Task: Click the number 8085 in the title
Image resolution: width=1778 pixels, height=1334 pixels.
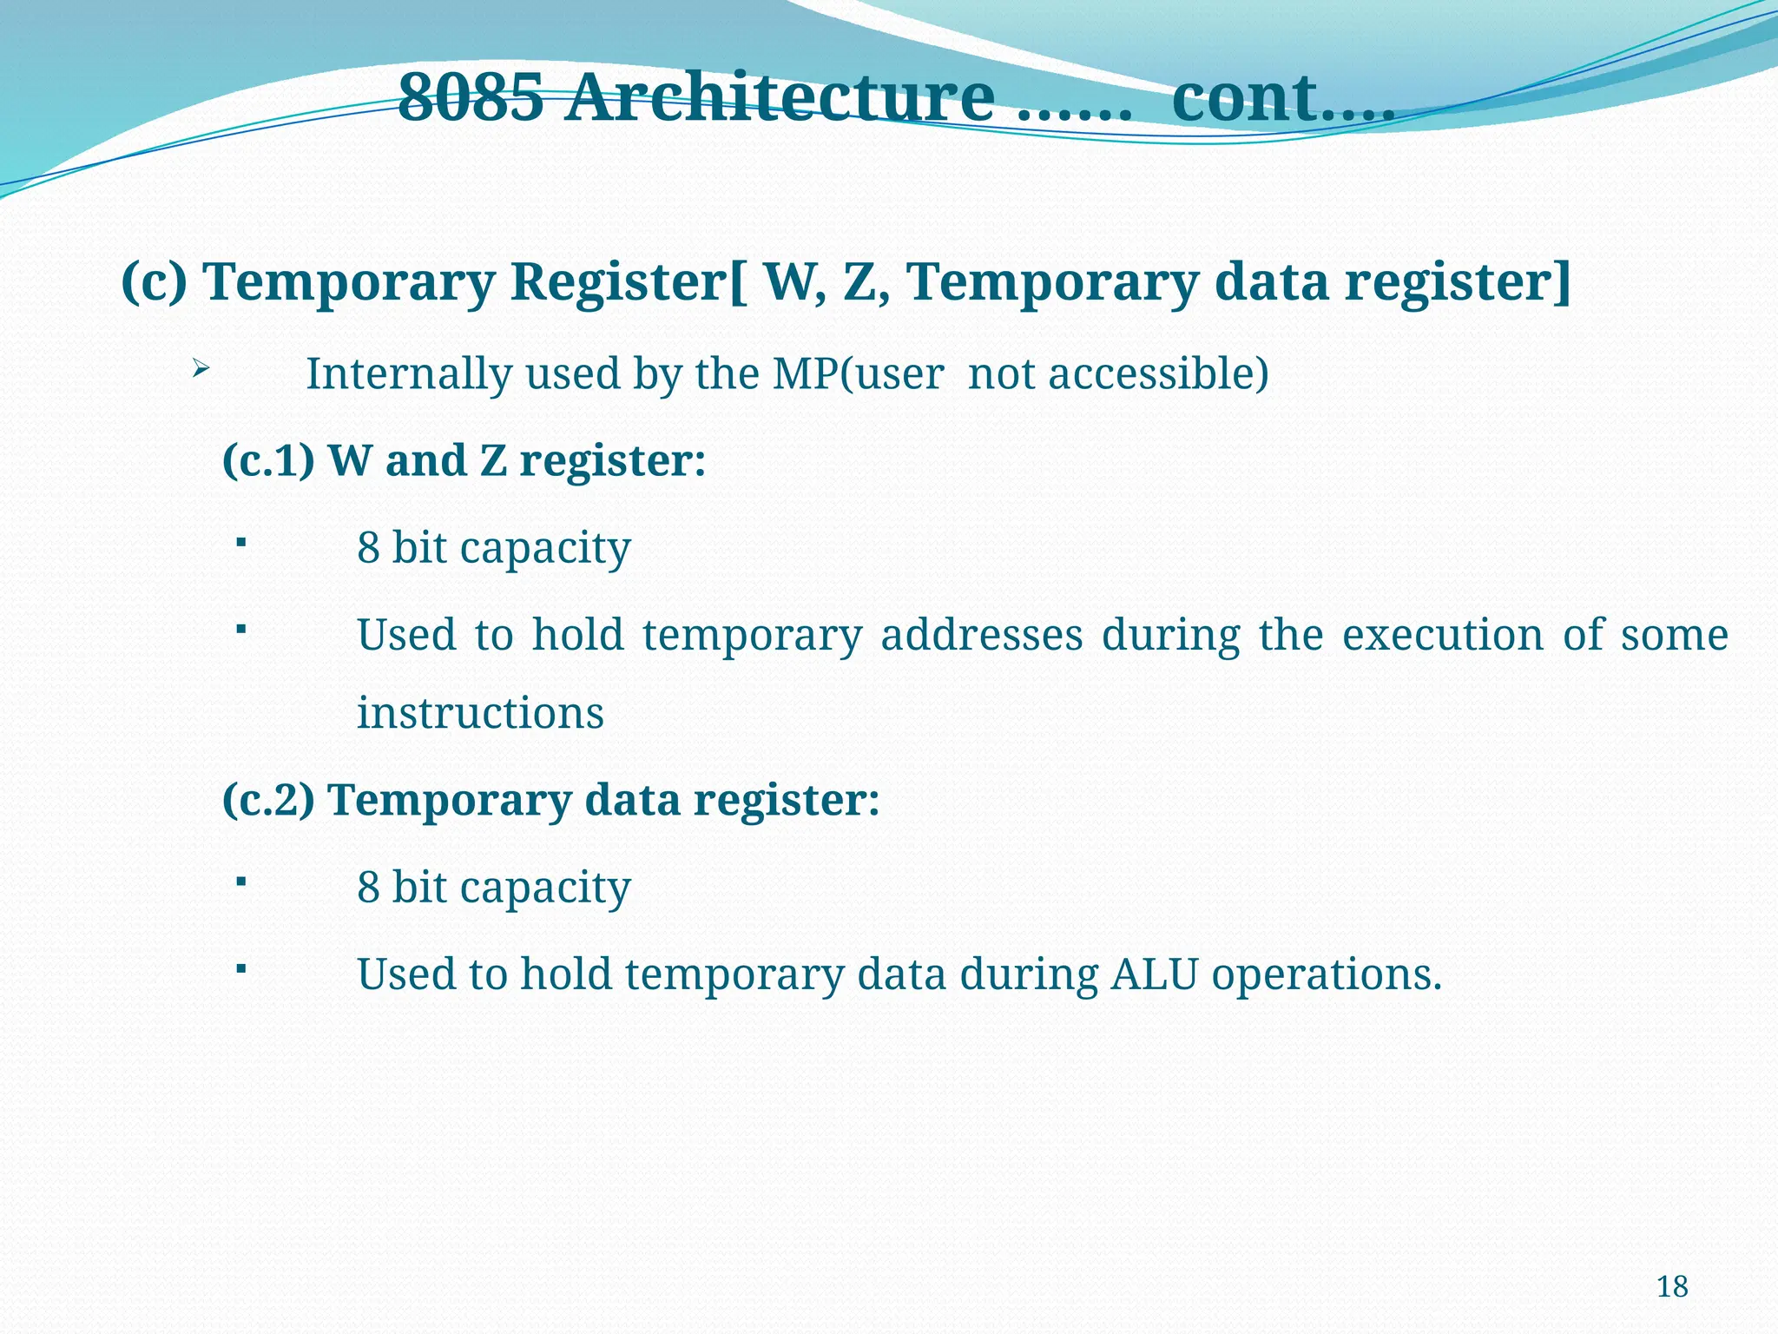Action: click(x=471, y=97)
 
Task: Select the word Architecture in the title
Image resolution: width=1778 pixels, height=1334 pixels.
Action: click(x=781, y=97)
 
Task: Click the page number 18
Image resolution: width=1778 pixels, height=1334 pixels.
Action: click(x=1672, y=1286)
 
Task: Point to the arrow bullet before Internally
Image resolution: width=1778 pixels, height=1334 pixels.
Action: click(x=200, y=370)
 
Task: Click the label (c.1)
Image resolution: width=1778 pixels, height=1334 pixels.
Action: click(x=268, y=460)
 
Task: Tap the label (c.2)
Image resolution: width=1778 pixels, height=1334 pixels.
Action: click(x=268, y=800)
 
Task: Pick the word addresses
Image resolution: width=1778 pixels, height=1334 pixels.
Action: click(x=981, y=635)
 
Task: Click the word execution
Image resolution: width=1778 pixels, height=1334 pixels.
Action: click(x=1442, y=635)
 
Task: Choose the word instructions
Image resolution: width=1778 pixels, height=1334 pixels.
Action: click(x=480, y=713)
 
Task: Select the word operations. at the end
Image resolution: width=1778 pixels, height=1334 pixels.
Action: click(x=1327, y=975)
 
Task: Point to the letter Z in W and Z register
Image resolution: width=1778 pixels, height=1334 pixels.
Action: click(x=492, y=460)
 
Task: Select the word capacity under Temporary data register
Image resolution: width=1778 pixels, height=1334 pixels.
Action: click(x=544, y=888)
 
